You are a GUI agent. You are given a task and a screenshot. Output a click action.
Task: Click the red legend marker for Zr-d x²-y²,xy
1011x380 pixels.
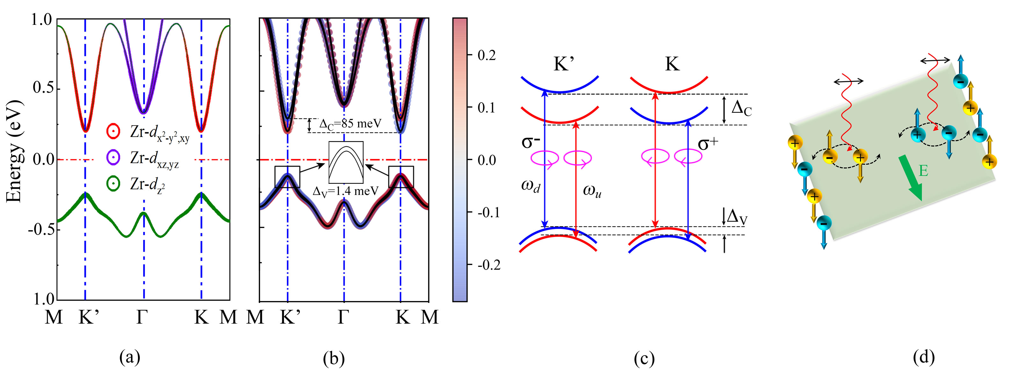tap(113, 131)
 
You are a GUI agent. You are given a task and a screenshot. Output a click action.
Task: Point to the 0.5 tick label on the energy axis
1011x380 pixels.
tap(43, 88)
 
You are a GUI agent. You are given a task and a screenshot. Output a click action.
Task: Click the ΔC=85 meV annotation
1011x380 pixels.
tap(349, 124)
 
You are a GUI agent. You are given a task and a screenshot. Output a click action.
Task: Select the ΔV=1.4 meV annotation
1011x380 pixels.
tap(345, 191)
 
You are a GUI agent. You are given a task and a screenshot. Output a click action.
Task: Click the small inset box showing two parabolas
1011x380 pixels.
tap(346, 162)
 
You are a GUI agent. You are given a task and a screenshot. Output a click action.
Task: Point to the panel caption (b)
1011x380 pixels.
tap(334, 358)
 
